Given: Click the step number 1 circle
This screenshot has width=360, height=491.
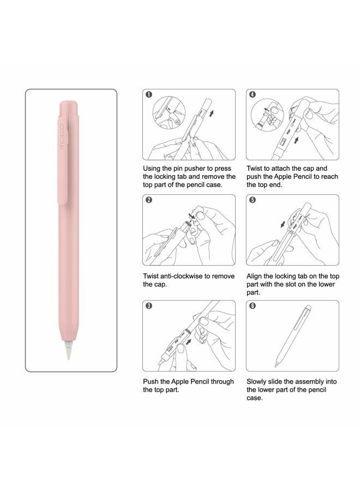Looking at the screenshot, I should point(148,95).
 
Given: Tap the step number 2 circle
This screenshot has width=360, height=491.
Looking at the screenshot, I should point(148,200).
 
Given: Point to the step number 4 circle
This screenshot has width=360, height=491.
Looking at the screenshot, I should point(253,95).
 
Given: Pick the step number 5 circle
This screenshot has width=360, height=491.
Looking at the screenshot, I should point(253,200).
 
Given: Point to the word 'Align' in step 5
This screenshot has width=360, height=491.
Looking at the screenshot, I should point(256,277).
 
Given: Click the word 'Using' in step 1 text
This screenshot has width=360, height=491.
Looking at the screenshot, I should point(153,169).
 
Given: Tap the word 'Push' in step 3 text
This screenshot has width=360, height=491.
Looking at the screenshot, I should point(152,382).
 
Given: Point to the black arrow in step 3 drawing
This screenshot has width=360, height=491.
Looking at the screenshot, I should point(189,344).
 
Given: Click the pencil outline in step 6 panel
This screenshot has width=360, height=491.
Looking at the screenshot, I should point(292,335).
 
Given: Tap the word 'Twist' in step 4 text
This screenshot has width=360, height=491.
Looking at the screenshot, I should point(256,169).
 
